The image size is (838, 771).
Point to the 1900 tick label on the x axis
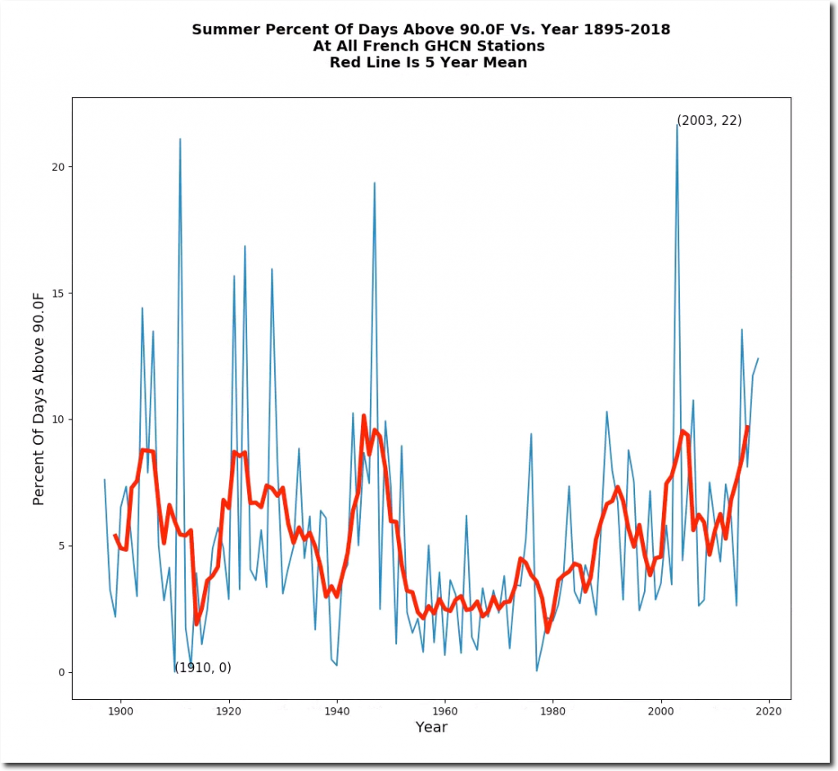[x=121, y=710]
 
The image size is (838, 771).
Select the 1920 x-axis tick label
[x=229, y=710]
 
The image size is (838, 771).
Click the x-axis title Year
[x=431, y=727]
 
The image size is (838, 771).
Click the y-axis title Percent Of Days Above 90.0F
[x=38, y=398]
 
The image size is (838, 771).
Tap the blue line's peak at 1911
[x=180, y=140]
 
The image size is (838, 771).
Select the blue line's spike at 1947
[x=375, y=183]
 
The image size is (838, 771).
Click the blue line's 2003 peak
[x=677, y=124]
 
